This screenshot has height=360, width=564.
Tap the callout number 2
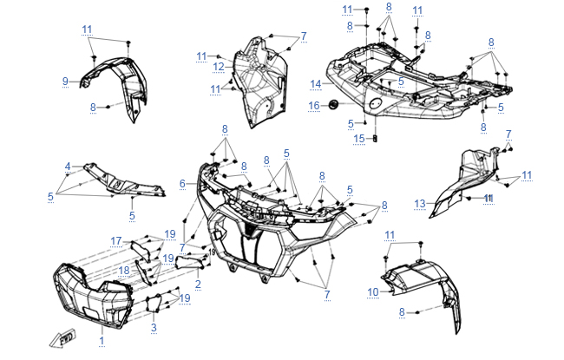tap(198, 284)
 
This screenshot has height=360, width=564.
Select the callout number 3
tap(154, 327)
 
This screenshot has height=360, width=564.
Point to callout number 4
tap(67, 166)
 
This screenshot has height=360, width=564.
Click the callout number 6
tap(183, 183)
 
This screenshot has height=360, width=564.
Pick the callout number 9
tap(64, 82)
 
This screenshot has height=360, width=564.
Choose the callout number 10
tap(372, 292)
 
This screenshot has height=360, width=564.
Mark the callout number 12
tap(219, 67)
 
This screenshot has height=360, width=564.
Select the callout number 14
tap(317, 84)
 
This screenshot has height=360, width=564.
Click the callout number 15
tap(358, 139)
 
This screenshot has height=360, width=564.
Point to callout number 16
tap(315, 105)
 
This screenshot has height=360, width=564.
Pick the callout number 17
tap(115, 240)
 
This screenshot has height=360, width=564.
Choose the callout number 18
tap(123, 270)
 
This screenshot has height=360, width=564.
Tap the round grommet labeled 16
tap(332, 105)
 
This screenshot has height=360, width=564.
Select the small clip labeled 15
tap(377, 137)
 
